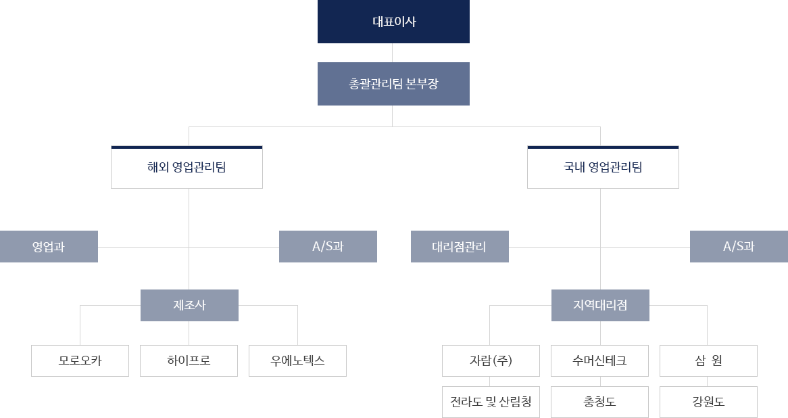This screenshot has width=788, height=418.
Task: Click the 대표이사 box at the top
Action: [x=393, y=22]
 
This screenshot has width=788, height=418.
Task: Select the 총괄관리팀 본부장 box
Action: [x=393, y=84]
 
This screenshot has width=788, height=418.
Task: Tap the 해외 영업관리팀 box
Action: [x=187, y=167]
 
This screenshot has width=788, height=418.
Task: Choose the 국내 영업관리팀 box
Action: [x=603, y=167]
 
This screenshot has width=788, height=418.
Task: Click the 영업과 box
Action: [x=49, y=246]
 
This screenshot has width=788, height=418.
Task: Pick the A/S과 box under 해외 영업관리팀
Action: [x=328, y=246]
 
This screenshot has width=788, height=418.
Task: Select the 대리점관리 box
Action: [x=460, y=246]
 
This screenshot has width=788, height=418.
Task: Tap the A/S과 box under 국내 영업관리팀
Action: [x=739, y=246]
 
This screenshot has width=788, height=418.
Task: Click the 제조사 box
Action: [x=189, y=305]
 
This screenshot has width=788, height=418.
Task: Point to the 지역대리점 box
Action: [x=600, y=305]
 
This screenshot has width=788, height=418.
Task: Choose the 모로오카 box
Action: [x=80, y=361]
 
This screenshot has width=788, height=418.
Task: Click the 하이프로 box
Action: [x=189, y=361]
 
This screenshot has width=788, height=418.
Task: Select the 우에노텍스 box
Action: [x=297, y=361]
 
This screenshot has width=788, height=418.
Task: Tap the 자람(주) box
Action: [x=491, y=361]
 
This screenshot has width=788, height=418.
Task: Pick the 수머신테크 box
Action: [x=599, y=361]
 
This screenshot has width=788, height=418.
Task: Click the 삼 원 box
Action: [x=708, y=361]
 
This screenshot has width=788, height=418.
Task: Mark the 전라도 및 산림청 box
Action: [x=491, y=402]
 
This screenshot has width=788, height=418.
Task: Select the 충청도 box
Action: [x=599, y=402]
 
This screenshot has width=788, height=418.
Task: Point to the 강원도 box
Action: [x=708, y=402]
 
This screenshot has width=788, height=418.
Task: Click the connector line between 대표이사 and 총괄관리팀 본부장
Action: [x=393, y=53]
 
